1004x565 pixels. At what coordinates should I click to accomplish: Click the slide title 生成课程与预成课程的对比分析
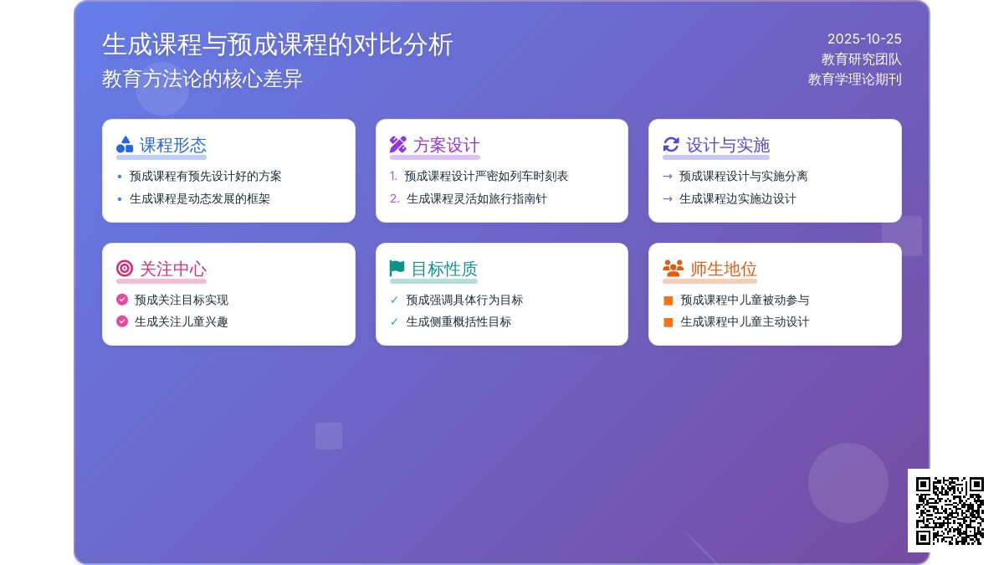pyautogui.click(x=278, y=44)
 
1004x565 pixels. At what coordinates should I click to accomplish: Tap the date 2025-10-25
pyautogui.click(x=864, y=39)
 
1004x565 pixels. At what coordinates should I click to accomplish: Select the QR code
pyautogui.click(x=950, y=511)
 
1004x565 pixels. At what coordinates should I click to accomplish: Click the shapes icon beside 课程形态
pyautogui.click(x=125, y=145)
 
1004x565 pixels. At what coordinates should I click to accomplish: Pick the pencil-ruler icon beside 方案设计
pyautogui.click(x=398, y=145)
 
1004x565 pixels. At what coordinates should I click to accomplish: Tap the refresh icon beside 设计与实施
pyautogui.click(x=671, y=145)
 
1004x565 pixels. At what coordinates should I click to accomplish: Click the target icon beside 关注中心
pyautogui.click(x=125, y=269)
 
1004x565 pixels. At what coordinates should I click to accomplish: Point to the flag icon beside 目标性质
pyautogui.click(x=397, y=269)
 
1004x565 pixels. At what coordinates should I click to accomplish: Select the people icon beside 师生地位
pyautogui.click(x=673, y=269)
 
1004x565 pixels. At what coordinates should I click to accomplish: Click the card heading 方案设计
pyautogui.click(x=446, y=145)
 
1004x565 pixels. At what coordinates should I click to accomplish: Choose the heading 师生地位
pyautogui.click(x=724, y=269)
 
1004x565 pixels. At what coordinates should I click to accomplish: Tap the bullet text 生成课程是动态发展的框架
pyautogui.click(x=199, y=199)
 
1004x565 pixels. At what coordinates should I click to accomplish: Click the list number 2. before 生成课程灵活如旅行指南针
pyautogui.click(x=395, y=199)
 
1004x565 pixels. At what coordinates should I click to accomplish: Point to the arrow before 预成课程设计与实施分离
pyautogui.click(x=668, y=177)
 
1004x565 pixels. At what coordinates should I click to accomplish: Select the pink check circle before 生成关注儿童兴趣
pyautogui.click(x=122, y=321)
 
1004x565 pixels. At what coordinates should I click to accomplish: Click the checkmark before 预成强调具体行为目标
pyautogui.click(x=395, y=300)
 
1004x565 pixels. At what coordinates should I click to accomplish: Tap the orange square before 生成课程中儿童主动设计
pyautogui.click(x=668, y=322)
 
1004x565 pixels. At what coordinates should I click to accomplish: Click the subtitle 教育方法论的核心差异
pyautogui.click(x=202, y=79)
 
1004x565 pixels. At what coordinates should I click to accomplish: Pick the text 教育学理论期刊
pyautogui.click(x=854, y=80)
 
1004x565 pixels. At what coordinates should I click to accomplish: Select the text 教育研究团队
pyautogui.click(x=861, y=59)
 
